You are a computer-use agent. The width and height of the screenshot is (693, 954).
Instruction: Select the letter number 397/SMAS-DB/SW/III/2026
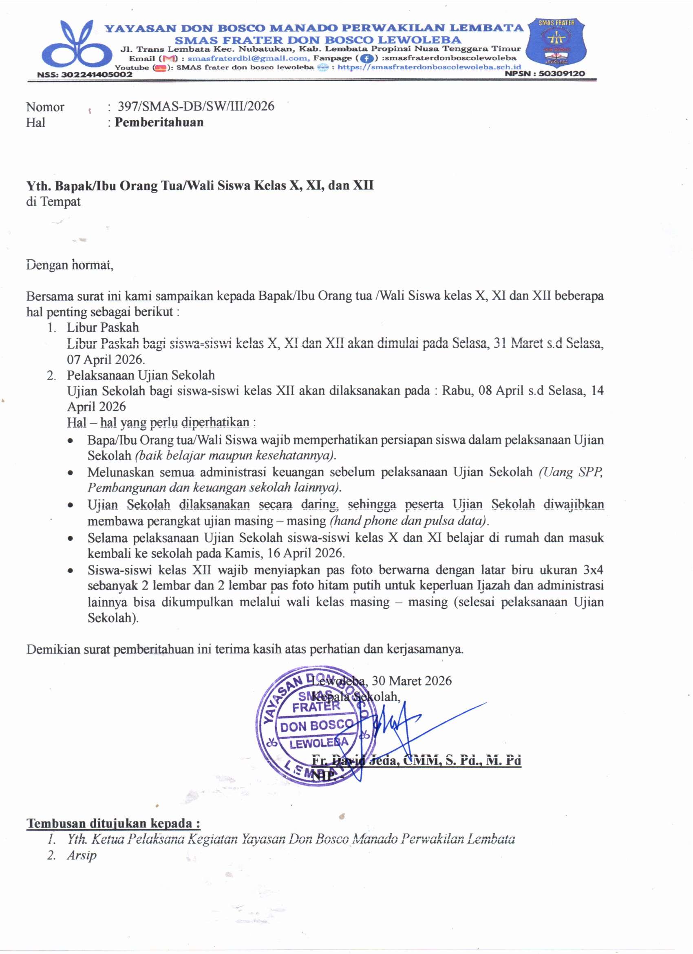(196, 106)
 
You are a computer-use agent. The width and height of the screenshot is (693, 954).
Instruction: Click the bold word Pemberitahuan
(159, 122)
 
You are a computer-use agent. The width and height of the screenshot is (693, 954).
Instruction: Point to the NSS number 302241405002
(97, 75)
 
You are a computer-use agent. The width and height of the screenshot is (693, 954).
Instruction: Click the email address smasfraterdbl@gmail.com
(248, 58)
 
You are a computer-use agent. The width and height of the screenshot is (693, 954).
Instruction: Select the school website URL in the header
(429, 67)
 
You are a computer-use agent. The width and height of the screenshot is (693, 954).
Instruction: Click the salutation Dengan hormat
(69, 265)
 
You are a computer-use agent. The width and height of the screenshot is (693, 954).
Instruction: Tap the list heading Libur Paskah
(103, 327)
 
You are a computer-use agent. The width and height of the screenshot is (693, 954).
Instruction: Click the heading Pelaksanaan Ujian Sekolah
(141, 375)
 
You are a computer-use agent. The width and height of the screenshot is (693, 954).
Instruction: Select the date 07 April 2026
(106, 360)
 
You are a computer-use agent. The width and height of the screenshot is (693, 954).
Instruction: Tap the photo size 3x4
(593, 570)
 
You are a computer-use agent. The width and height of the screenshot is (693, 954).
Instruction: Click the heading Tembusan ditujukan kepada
(114, 823)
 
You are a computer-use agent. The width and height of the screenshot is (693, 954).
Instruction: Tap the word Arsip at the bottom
(82, 855)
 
